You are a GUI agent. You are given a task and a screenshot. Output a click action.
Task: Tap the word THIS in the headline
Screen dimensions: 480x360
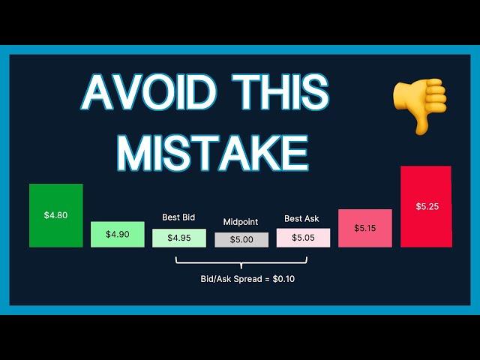coord(280,92)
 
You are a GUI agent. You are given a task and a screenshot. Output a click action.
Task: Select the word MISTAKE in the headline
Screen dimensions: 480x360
coord(212,153)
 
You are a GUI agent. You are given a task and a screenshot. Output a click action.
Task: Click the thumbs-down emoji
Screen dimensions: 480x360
coord(420,106)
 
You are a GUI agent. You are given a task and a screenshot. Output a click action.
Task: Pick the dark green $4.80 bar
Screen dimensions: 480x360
coord(56,215)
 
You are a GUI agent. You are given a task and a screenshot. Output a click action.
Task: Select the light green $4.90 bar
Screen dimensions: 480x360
coord(118,235)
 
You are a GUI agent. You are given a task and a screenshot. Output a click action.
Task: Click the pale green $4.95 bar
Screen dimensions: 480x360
coord(179,238)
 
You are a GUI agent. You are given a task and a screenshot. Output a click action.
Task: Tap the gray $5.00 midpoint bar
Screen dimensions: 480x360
coord(241,240)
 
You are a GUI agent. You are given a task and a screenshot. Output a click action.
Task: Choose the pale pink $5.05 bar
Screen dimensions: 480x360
coord(303,238)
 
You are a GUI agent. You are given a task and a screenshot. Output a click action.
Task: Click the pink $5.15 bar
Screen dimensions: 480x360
coord(365,228)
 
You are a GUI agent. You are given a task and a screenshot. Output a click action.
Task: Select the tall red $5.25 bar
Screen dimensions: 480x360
coord(426,207)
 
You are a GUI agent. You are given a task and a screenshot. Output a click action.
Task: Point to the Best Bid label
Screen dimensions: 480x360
coord(178,217)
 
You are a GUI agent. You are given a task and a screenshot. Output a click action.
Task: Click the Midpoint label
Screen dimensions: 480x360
coord(241,222)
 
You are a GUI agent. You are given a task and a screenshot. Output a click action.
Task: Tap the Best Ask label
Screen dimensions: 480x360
coord(301,218)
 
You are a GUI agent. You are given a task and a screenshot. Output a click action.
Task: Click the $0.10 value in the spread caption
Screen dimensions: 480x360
coord(283,279)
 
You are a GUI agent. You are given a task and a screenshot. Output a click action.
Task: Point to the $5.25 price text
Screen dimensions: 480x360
coord(427,207)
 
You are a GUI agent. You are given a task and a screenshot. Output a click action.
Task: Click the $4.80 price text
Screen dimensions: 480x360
coord(55,215)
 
